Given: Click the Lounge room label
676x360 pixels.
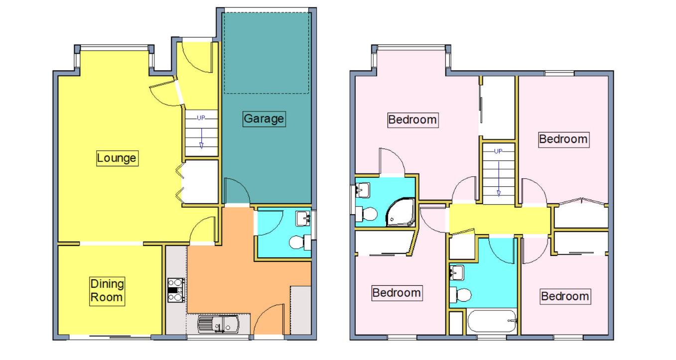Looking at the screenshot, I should (x=117, y=158).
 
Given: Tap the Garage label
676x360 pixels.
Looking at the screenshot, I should (x=264, y=119).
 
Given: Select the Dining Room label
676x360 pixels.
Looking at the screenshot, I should (x=107, y=291).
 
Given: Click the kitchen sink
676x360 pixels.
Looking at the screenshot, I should (x=218, y=324).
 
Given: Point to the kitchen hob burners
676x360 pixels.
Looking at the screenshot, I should (x=176, y=290).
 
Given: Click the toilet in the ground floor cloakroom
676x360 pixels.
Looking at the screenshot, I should (x=298, y=242).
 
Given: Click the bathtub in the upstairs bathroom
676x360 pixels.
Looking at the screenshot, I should (x=491, y=321).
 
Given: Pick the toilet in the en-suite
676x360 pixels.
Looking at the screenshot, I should (x=367, y=214).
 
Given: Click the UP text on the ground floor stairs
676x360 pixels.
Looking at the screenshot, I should (x=201, y=118).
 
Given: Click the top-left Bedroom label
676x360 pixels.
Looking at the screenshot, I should (x=413, y=120).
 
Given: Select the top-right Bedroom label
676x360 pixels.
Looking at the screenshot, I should (x=563, y=139).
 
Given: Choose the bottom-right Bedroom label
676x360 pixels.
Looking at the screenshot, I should (x=565, y=297).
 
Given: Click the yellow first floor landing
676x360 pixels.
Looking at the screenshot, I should (x=498, y=220).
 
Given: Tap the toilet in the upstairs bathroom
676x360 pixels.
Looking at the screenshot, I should (x=460, y=295).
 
